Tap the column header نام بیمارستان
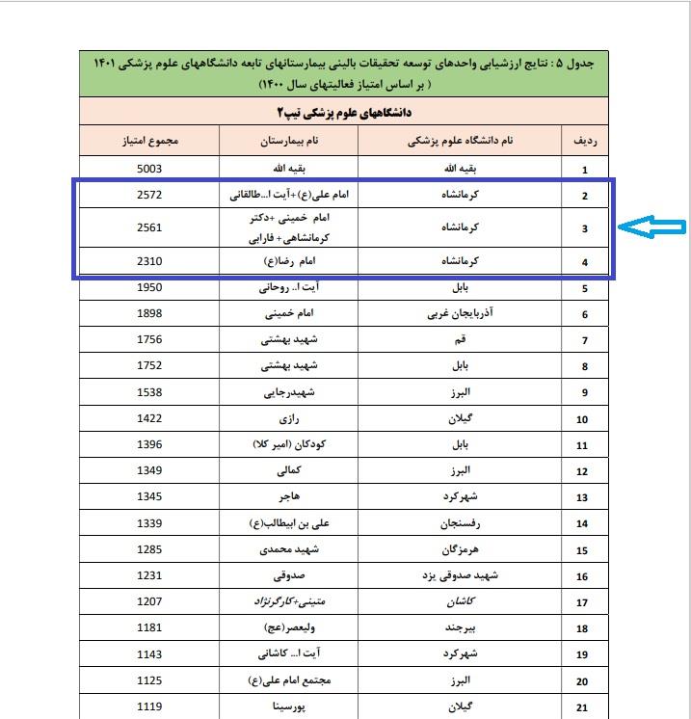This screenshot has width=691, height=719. [x=289, y=141]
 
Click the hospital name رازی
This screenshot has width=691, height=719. [x=288, y=418]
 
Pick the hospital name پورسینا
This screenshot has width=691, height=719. [x=288, y=706]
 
